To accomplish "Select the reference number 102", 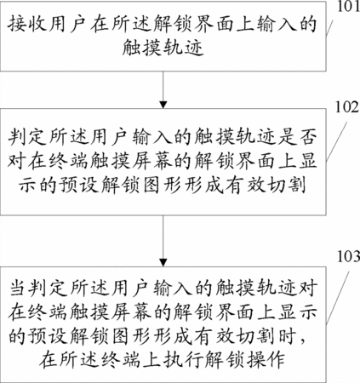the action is point(347,107).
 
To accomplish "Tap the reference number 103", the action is point(348,256).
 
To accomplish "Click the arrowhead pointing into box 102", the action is point(163,105).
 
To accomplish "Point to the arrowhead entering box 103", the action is point(163,262).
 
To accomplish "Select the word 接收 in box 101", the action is point(26,24).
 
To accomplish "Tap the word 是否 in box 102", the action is point(297,138).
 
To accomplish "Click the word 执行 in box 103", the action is point(182,360).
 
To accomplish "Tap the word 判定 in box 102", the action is point(26,138).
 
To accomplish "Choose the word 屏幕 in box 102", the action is point(152,162).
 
